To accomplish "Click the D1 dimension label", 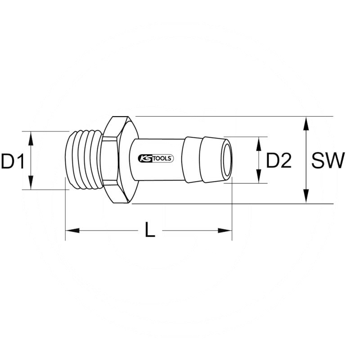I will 13,161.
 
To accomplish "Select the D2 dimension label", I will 279,161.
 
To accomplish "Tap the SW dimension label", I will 328,161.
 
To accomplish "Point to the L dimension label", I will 150,231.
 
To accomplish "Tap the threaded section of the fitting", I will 83,160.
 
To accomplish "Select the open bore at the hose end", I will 227,160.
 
